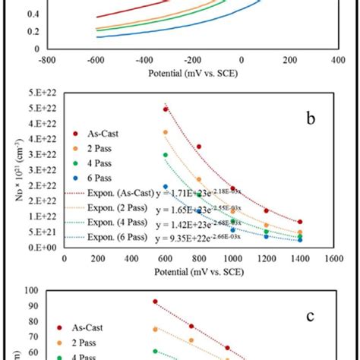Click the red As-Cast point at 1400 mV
coord(300,222)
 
